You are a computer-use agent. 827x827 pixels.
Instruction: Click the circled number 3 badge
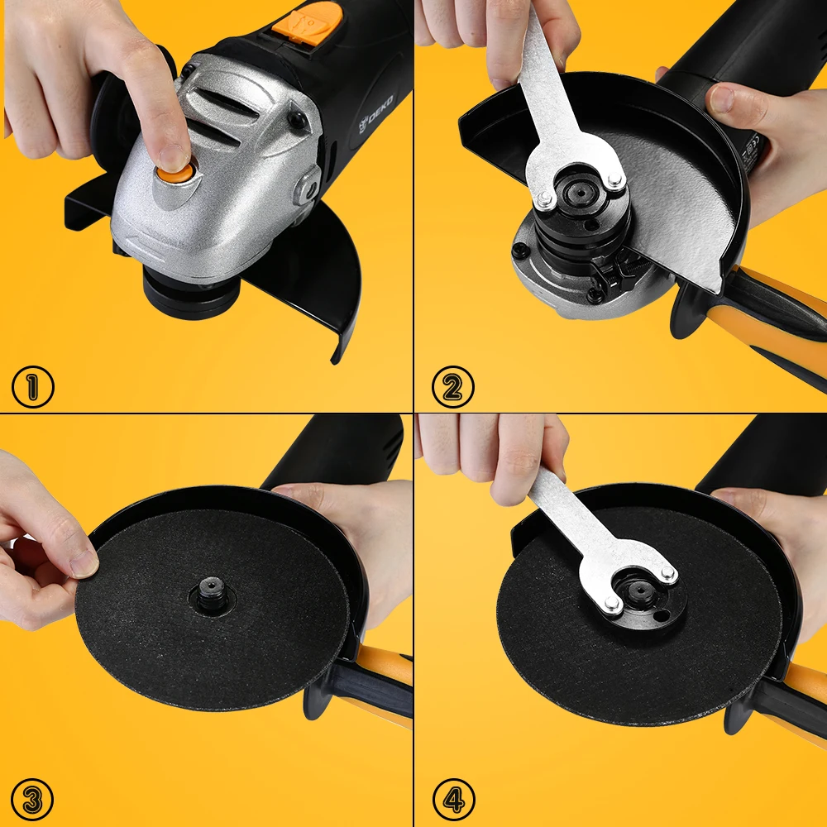pos(32,800)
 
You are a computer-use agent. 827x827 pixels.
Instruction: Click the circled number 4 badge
pos(453,800)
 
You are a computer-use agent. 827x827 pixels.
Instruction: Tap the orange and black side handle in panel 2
pos(777,323)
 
